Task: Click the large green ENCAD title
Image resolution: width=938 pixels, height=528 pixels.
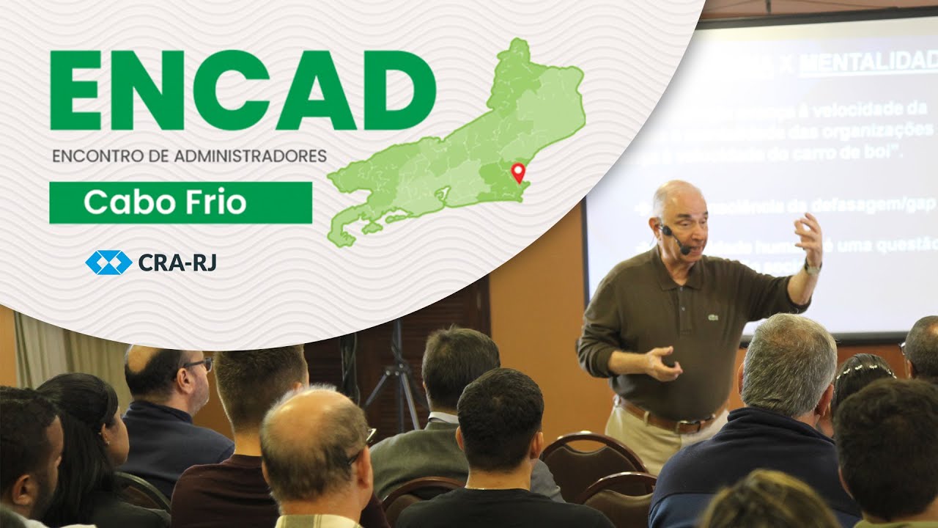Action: [242, 90]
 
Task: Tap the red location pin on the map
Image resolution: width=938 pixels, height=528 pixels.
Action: [519, 172]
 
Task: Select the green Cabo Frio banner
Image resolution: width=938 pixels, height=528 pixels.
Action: [180, 202]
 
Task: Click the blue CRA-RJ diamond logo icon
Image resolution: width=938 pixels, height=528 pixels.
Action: [108, 262]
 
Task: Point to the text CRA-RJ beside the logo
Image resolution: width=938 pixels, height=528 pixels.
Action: [177, 262]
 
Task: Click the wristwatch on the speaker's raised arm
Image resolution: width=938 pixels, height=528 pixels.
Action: [810, 268]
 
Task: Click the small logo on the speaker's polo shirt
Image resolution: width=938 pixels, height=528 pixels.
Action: [713, 318]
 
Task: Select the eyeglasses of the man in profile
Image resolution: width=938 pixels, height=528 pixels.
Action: [197, 364]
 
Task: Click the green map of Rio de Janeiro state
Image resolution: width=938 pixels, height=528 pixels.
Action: [469, 147]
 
